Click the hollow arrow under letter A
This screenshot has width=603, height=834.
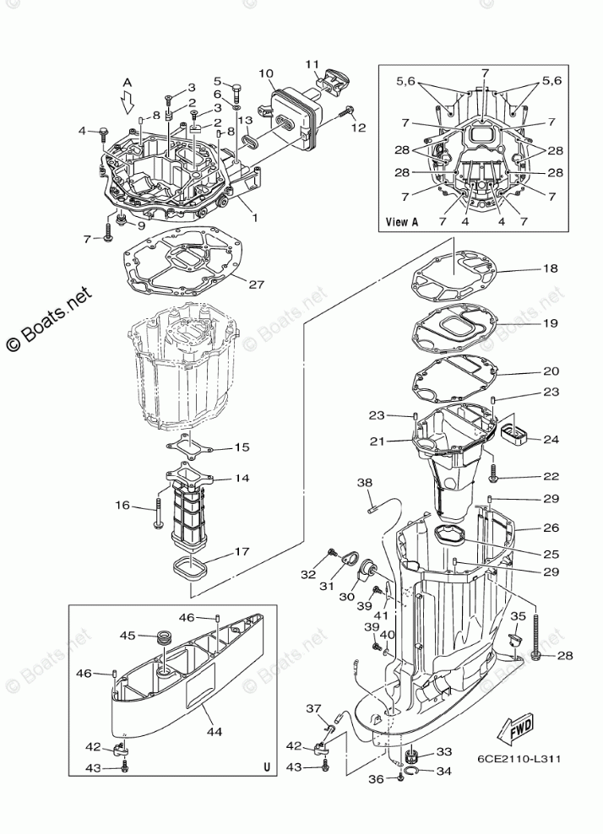(x=127, y=102)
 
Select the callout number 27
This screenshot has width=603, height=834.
(x=257, y=284)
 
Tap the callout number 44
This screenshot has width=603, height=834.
(x=215, y=732)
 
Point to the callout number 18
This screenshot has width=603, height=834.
(x=551, y=268)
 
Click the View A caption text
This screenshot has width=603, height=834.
(x=401, y=222)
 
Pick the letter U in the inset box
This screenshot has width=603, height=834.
(x=267, y=767)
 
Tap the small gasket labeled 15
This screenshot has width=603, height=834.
(x=190, y=446)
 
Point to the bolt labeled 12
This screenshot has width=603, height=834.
(x=347, y=111)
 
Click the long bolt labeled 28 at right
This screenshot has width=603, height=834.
(x=535, y=636)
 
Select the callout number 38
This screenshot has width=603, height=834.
(x=365, y=483)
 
